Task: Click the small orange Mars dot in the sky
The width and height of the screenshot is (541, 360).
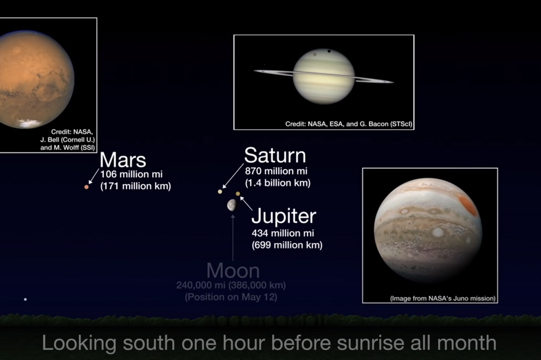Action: click(x=86, y=187)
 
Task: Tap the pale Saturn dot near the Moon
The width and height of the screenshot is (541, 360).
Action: click(x=220, y=191)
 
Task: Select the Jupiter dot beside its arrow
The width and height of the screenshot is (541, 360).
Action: click(x=237, y=194)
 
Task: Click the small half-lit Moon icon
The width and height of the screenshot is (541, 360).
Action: click(x=232, y=205)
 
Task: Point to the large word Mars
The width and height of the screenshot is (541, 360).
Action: click(x=123, y=160)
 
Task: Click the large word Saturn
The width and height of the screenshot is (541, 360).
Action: click(x=275, y=155)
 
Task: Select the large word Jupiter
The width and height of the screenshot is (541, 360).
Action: click(x=283, y=217)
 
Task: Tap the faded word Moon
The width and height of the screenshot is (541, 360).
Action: click(x=233, y=271)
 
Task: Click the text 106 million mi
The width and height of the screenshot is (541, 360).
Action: click(x=131, y=174)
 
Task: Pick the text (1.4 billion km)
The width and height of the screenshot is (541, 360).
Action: click(x=278, y=183)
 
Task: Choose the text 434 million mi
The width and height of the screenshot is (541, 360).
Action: click(x=283, y=233)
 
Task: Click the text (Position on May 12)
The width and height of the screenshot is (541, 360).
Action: click(x=231, y=297)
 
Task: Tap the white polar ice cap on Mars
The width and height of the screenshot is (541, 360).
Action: click(x=29, y=123)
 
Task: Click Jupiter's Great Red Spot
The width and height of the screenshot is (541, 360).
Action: click(x=468, y=204)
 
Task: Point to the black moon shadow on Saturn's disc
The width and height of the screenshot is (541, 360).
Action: click(x=328, y=51)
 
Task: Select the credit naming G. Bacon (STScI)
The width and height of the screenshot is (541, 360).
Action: click(x=349, y=124)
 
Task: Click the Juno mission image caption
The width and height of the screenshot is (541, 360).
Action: click(x=443, y=298)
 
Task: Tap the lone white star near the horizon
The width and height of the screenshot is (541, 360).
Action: click(x=25, y=299)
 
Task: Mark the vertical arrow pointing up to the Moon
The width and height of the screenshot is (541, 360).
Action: click(x=233, y=238)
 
